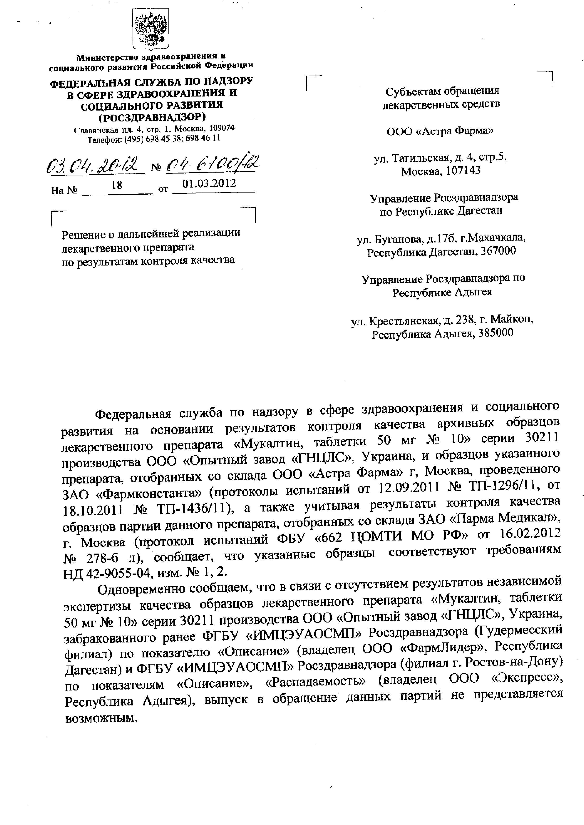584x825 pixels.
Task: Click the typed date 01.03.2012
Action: click(x=209, y=184)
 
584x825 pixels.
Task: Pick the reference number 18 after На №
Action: click(x=117, y=185)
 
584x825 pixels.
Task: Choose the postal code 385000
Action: click(x=497, y=333)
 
